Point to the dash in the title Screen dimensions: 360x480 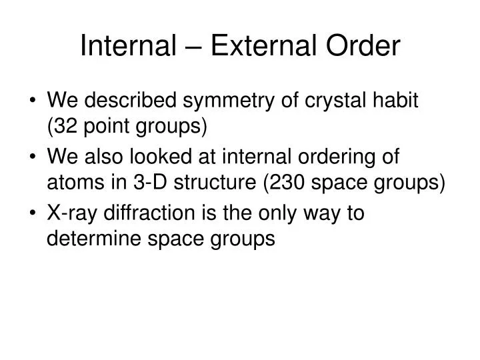point(188,46)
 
